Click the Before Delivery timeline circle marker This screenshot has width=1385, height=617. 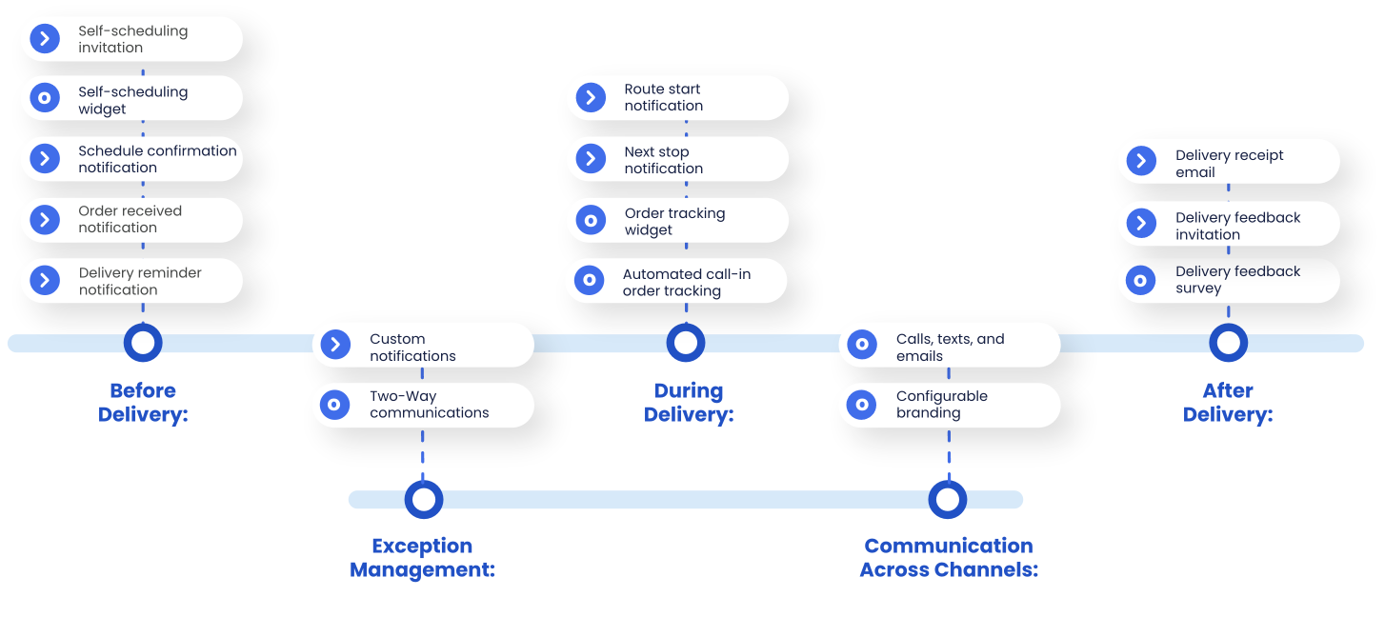click(143, 343)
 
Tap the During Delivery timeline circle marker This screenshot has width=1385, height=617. click(685, 343)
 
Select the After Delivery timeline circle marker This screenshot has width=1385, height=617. click(1228, 343)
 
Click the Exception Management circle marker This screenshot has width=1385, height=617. click(423, 499)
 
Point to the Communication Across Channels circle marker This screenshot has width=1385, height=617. click(948, 499)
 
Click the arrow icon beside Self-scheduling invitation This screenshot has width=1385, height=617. click(45, 39)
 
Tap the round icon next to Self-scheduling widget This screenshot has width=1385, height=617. click(45, 98)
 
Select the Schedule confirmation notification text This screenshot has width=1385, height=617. click(157, 159)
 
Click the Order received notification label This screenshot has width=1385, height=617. click(130, 219)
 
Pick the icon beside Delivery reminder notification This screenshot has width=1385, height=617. click(45, 280)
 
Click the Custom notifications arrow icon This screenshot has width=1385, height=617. click(335, 345)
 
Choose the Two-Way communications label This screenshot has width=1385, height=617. click(429, 405)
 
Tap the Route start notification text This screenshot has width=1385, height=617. click(663, 97)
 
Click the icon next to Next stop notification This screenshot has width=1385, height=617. click(591, 158)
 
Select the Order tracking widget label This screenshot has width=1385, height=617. click(674, 221)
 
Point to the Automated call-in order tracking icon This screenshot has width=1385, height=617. click(590, 281)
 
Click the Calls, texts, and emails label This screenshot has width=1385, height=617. click(950, 348)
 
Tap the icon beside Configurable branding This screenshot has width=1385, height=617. click(861, 405)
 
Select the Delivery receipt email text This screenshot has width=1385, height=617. click(1229, 164)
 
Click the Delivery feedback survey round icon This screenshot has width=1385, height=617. click(1140, 280)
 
